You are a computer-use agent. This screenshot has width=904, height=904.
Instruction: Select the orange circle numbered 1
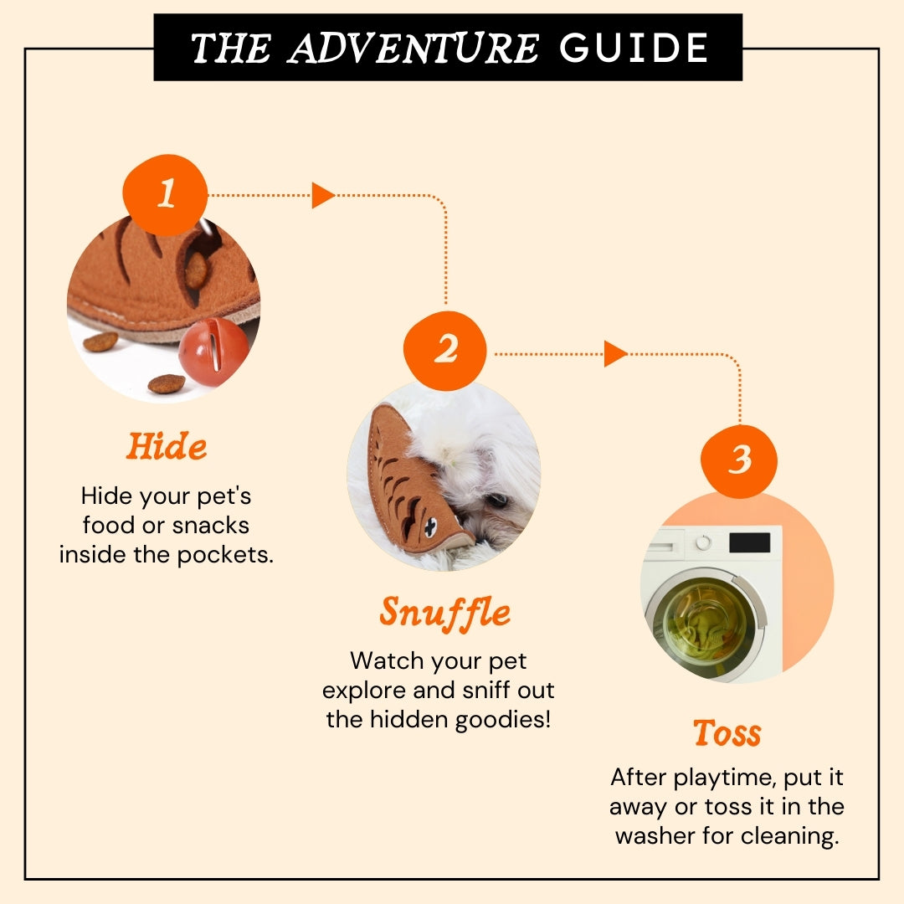[166, 194]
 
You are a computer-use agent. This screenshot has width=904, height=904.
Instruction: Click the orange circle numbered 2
[445, 350]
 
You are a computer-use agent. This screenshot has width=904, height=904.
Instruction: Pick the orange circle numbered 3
[739, 460]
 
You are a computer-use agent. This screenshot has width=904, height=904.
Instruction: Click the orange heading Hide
[167, 446]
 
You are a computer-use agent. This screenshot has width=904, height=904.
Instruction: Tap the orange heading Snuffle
[445, 614]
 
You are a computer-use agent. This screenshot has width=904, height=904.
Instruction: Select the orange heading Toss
[727, 732]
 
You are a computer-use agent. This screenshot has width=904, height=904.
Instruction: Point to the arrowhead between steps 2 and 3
[615, 353]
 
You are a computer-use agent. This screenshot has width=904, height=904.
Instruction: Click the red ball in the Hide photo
[213, 352]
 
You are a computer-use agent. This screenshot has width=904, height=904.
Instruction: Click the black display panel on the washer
[749, 543]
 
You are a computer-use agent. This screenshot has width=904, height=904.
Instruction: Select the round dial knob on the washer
[703, 542]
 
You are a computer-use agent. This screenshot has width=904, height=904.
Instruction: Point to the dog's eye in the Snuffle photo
[497, 500]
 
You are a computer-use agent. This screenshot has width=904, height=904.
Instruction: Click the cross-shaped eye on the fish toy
[430, 527]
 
